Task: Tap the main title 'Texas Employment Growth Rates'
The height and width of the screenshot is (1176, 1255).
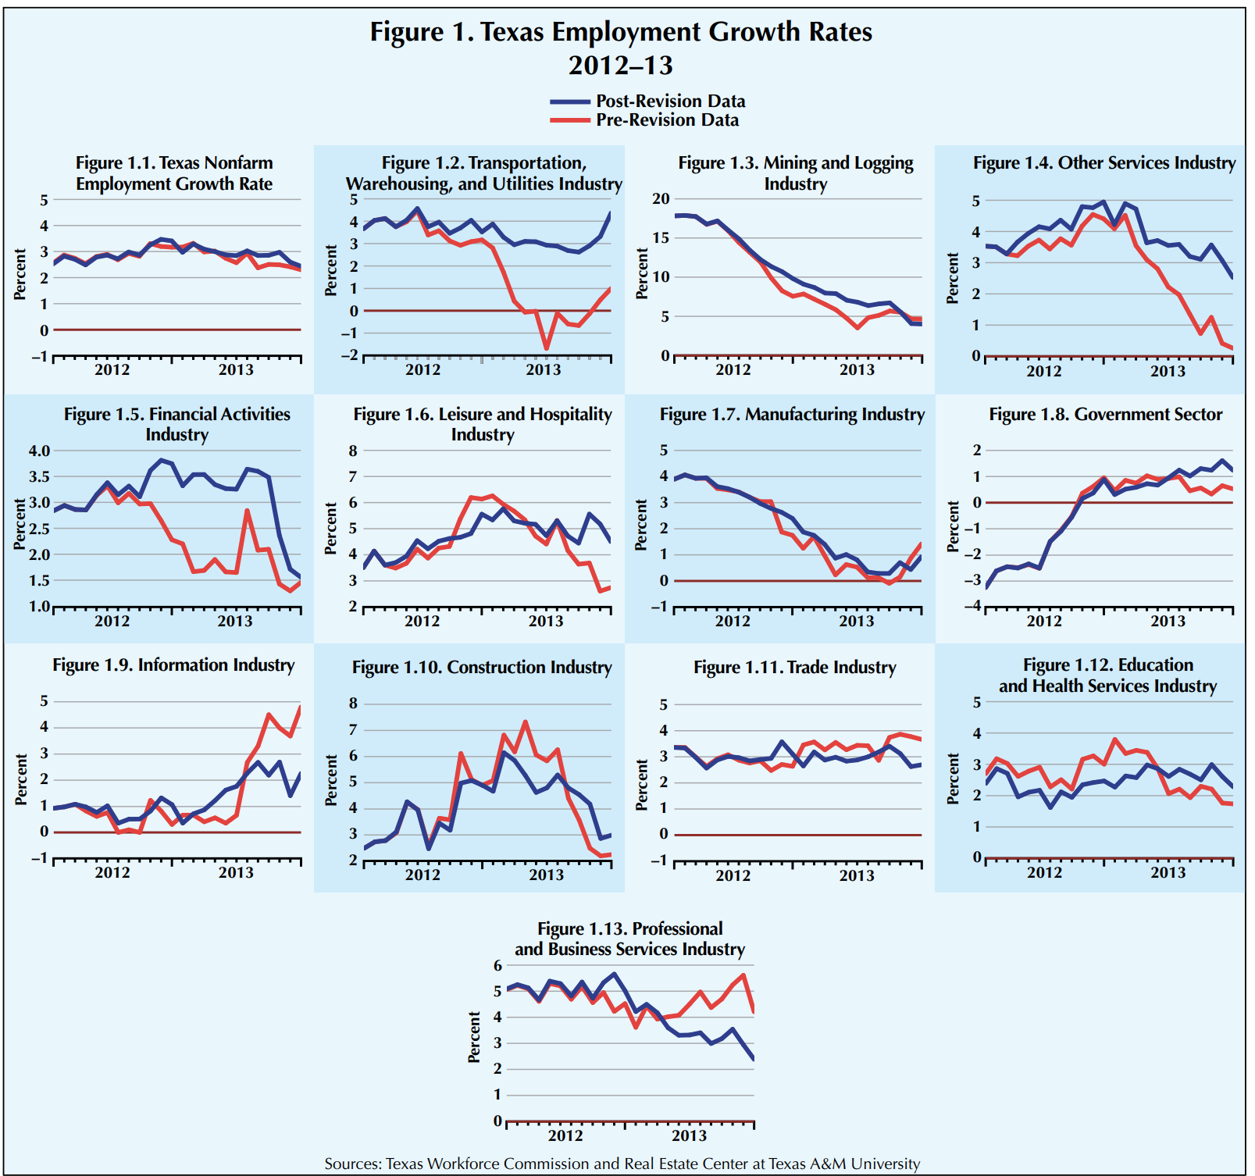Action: [621, 32]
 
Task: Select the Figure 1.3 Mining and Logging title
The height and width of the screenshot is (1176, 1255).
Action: [795, 173]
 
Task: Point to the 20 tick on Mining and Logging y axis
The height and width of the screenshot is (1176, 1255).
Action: [661, 199]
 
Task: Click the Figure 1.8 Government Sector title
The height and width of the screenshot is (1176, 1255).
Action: [1105, 415]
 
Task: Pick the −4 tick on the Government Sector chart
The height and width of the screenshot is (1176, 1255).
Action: [972, 607]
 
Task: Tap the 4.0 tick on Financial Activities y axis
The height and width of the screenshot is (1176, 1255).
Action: [40, 451]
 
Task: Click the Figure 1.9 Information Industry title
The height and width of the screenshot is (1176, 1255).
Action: [173, 665]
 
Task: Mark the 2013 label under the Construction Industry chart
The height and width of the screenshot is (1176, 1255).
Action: [546, 875]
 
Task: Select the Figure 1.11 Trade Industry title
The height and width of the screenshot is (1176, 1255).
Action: [795, 668]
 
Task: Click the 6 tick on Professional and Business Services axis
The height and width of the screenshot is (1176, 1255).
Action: [497, 966]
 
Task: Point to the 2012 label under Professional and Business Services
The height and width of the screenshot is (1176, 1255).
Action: [565, 1135]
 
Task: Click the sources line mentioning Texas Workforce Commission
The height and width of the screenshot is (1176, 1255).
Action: [622, 1164]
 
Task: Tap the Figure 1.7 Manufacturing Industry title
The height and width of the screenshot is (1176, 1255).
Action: [792, 415]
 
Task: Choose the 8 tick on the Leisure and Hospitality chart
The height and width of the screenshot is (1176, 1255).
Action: [353, 451]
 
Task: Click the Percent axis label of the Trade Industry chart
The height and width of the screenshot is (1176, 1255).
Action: [641, 785]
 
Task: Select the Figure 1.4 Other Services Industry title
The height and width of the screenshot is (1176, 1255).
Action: [1104, 163]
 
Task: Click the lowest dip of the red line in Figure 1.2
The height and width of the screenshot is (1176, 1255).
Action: [547, 348]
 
